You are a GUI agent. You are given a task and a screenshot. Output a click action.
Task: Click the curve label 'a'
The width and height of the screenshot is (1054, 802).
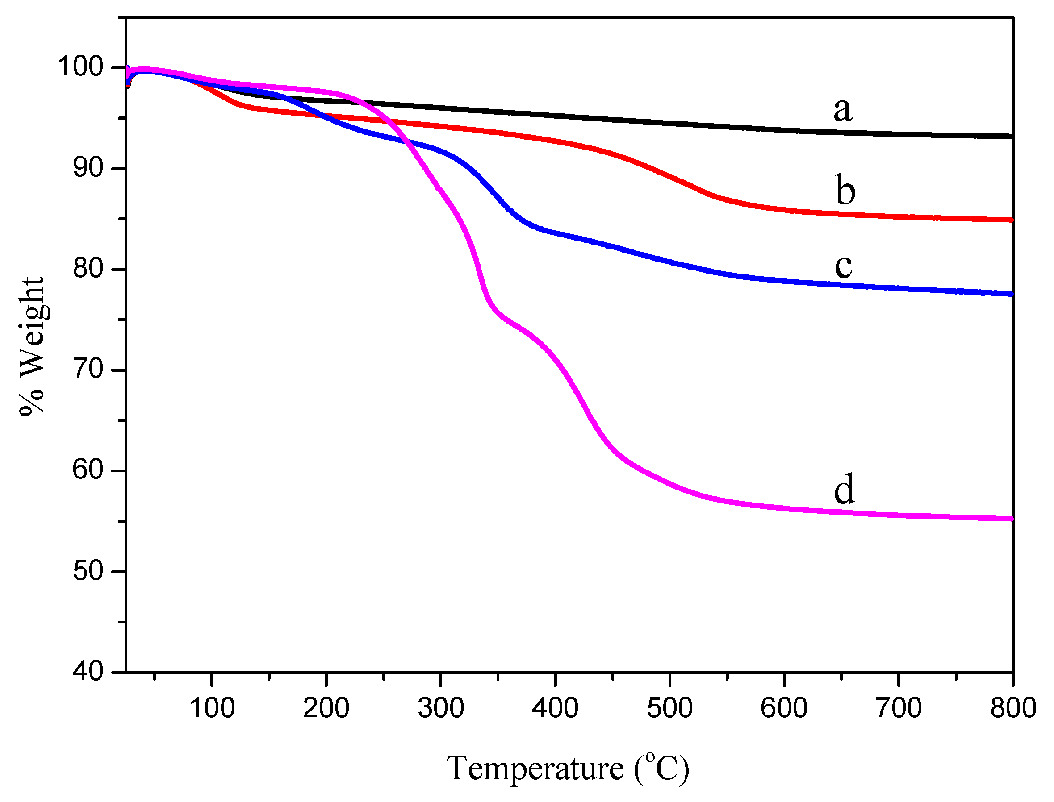[842, 110]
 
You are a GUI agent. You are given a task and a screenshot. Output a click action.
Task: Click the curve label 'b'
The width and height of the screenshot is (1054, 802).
[845, 190]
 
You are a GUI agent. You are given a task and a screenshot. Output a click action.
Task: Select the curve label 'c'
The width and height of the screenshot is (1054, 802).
[843, 266]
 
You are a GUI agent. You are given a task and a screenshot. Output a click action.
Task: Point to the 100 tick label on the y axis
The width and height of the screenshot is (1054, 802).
[80, 66]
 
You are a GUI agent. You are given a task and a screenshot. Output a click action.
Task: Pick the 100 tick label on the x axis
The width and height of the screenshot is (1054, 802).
[212, 708]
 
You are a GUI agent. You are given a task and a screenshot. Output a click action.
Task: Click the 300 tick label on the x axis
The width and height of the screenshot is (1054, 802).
[441, 708]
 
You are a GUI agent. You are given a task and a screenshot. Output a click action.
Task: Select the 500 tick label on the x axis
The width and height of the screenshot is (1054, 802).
[669, 708]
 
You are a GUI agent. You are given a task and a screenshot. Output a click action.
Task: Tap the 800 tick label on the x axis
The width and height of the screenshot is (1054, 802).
[1013, 708]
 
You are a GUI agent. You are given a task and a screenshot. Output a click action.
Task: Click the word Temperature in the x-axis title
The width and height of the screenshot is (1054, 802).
[535, 769]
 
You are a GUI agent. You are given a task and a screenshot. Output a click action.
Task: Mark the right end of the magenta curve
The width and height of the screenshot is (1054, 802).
[1012, 519]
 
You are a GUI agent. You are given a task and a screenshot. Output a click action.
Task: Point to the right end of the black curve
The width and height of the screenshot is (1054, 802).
[1012, 137]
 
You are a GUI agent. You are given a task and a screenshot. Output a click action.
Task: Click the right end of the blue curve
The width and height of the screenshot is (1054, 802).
[1012, 294]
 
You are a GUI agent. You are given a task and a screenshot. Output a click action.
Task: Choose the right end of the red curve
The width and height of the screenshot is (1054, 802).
[1012, 220]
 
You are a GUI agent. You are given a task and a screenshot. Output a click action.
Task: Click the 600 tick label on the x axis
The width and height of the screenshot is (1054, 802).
[784, 708]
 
